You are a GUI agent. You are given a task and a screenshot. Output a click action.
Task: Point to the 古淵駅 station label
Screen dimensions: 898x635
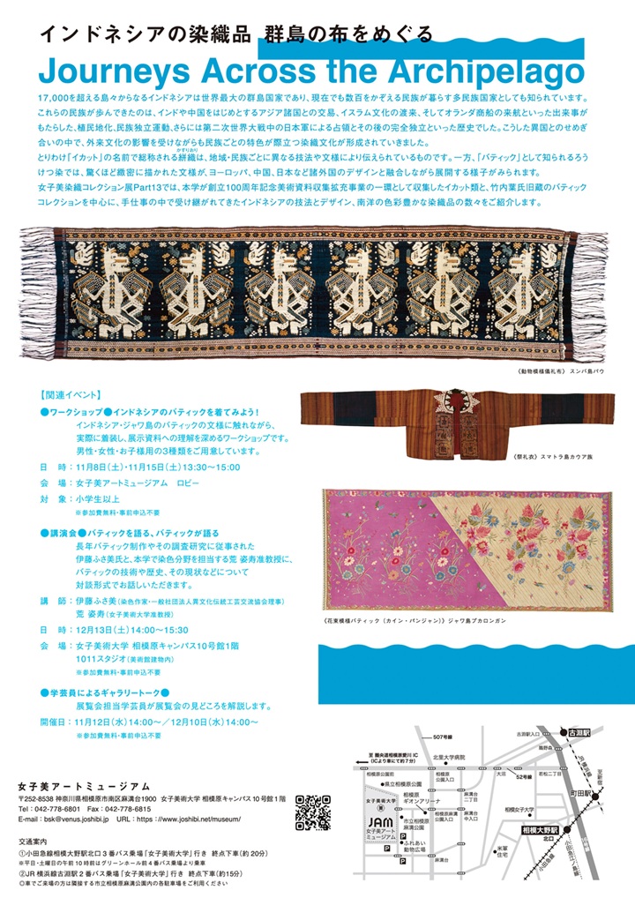coord(579,731)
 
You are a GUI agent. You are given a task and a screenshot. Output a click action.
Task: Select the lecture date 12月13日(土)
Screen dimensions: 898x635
coord(105,629)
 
